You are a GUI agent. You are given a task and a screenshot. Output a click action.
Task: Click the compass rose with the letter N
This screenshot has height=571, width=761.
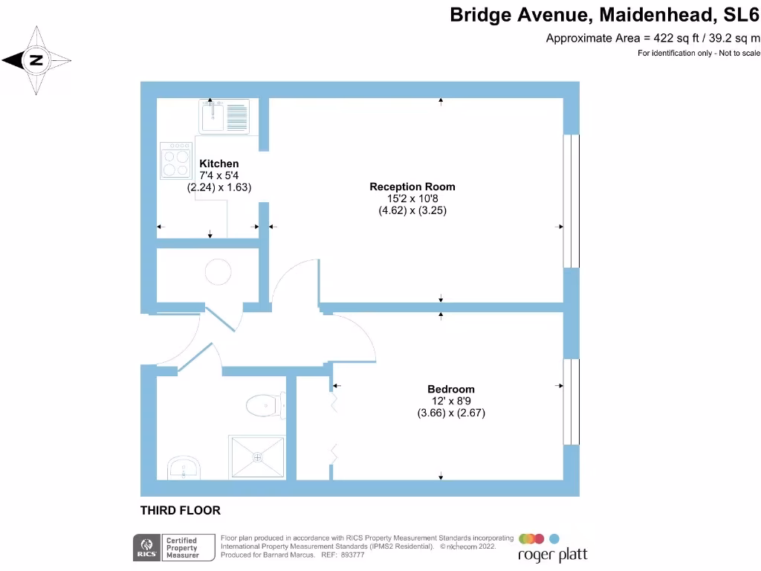35,60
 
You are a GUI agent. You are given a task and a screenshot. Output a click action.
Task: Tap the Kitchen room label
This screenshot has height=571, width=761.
219,164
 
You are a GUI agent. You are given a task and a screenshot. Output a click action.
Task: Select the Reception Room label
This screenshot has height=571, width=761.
412,187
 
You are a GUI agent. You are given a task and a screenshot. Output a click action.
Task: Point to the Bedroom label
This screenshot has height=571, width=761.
450,389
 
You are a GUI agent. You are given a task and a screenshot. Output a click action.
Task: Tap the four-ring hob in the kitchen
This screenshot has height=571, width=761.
176,161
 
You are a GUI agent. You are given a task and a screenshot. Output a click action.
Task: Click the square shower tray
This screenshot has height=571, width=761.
257,457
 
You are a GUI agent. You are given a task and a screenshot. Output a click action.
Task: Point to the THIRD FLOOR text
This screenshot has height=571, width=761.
181,511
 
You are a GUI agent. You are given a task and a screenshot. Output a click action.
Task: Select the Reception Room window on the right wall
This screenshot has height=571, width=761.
571,201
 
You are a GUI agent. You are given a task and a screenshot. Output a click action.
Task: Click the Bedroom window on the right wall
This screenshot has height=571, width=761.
571,401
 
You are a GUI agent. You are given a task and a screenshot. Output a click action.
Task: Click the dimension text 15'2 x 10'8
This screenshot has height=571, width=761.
412,199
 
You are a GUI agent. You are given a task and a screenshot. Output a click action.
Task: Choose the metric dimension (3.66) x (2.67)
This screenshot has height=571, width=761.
451,413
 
